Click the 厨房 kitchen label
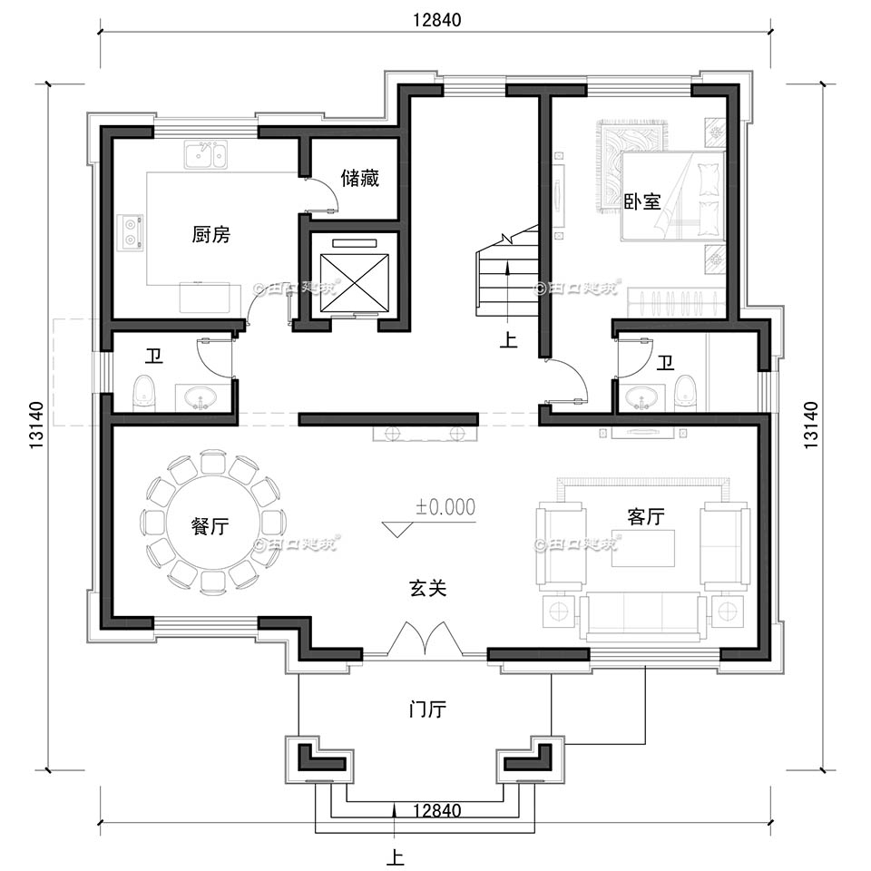pyautogui.click(x=211, y=234)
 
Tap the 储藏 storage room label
pyautogui.click(x=360, y=178)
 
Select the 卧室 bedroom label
pyautogui.click(x=642, y=201)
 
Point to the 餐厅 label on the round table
pyautogui.click(x=210, y=526)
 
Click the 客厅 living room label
pyautogui.click(x=646, y=516)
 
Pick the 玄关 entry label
pyautogui.click(x=427, y=588)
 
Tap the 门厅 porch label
pyautogui.click(x=427, y=710)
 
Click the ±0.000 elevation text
pyautogui.click(x=446, y=506)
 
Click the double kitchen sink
pyautogui.click(x=206, y=154)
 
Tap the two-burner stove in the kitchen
pyautogui.click(x=132, y=231)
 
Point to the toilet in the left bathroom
pyautogui.click(x=144, y=393)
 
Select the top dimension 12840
pyautogui.click(x=436, y=20)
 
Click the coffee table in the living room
pyautogui.click(x=643, y=548)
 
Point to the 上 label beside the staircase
pyautogui.click(x=508, y=339)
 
